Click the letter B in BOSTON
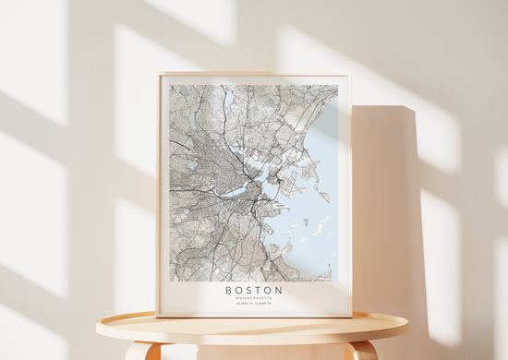pos(228,290)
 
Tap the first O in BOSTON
pos(238,290)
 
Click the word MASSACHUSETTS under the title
pos(253,298)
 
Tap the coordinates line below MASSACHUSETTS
pos(253,305)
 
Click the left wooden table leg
pos(139,352)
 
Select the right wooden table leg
pos(363,352)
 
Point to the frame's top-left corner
pos(159,75)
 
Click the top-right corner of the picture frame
pos(350,75)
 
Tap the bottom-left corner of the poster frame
pos(158,317)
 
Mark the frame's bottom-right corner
pos(351,317)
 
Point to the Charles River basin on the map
pos(235,192)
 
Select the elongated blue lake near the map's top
pos(228,96)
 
